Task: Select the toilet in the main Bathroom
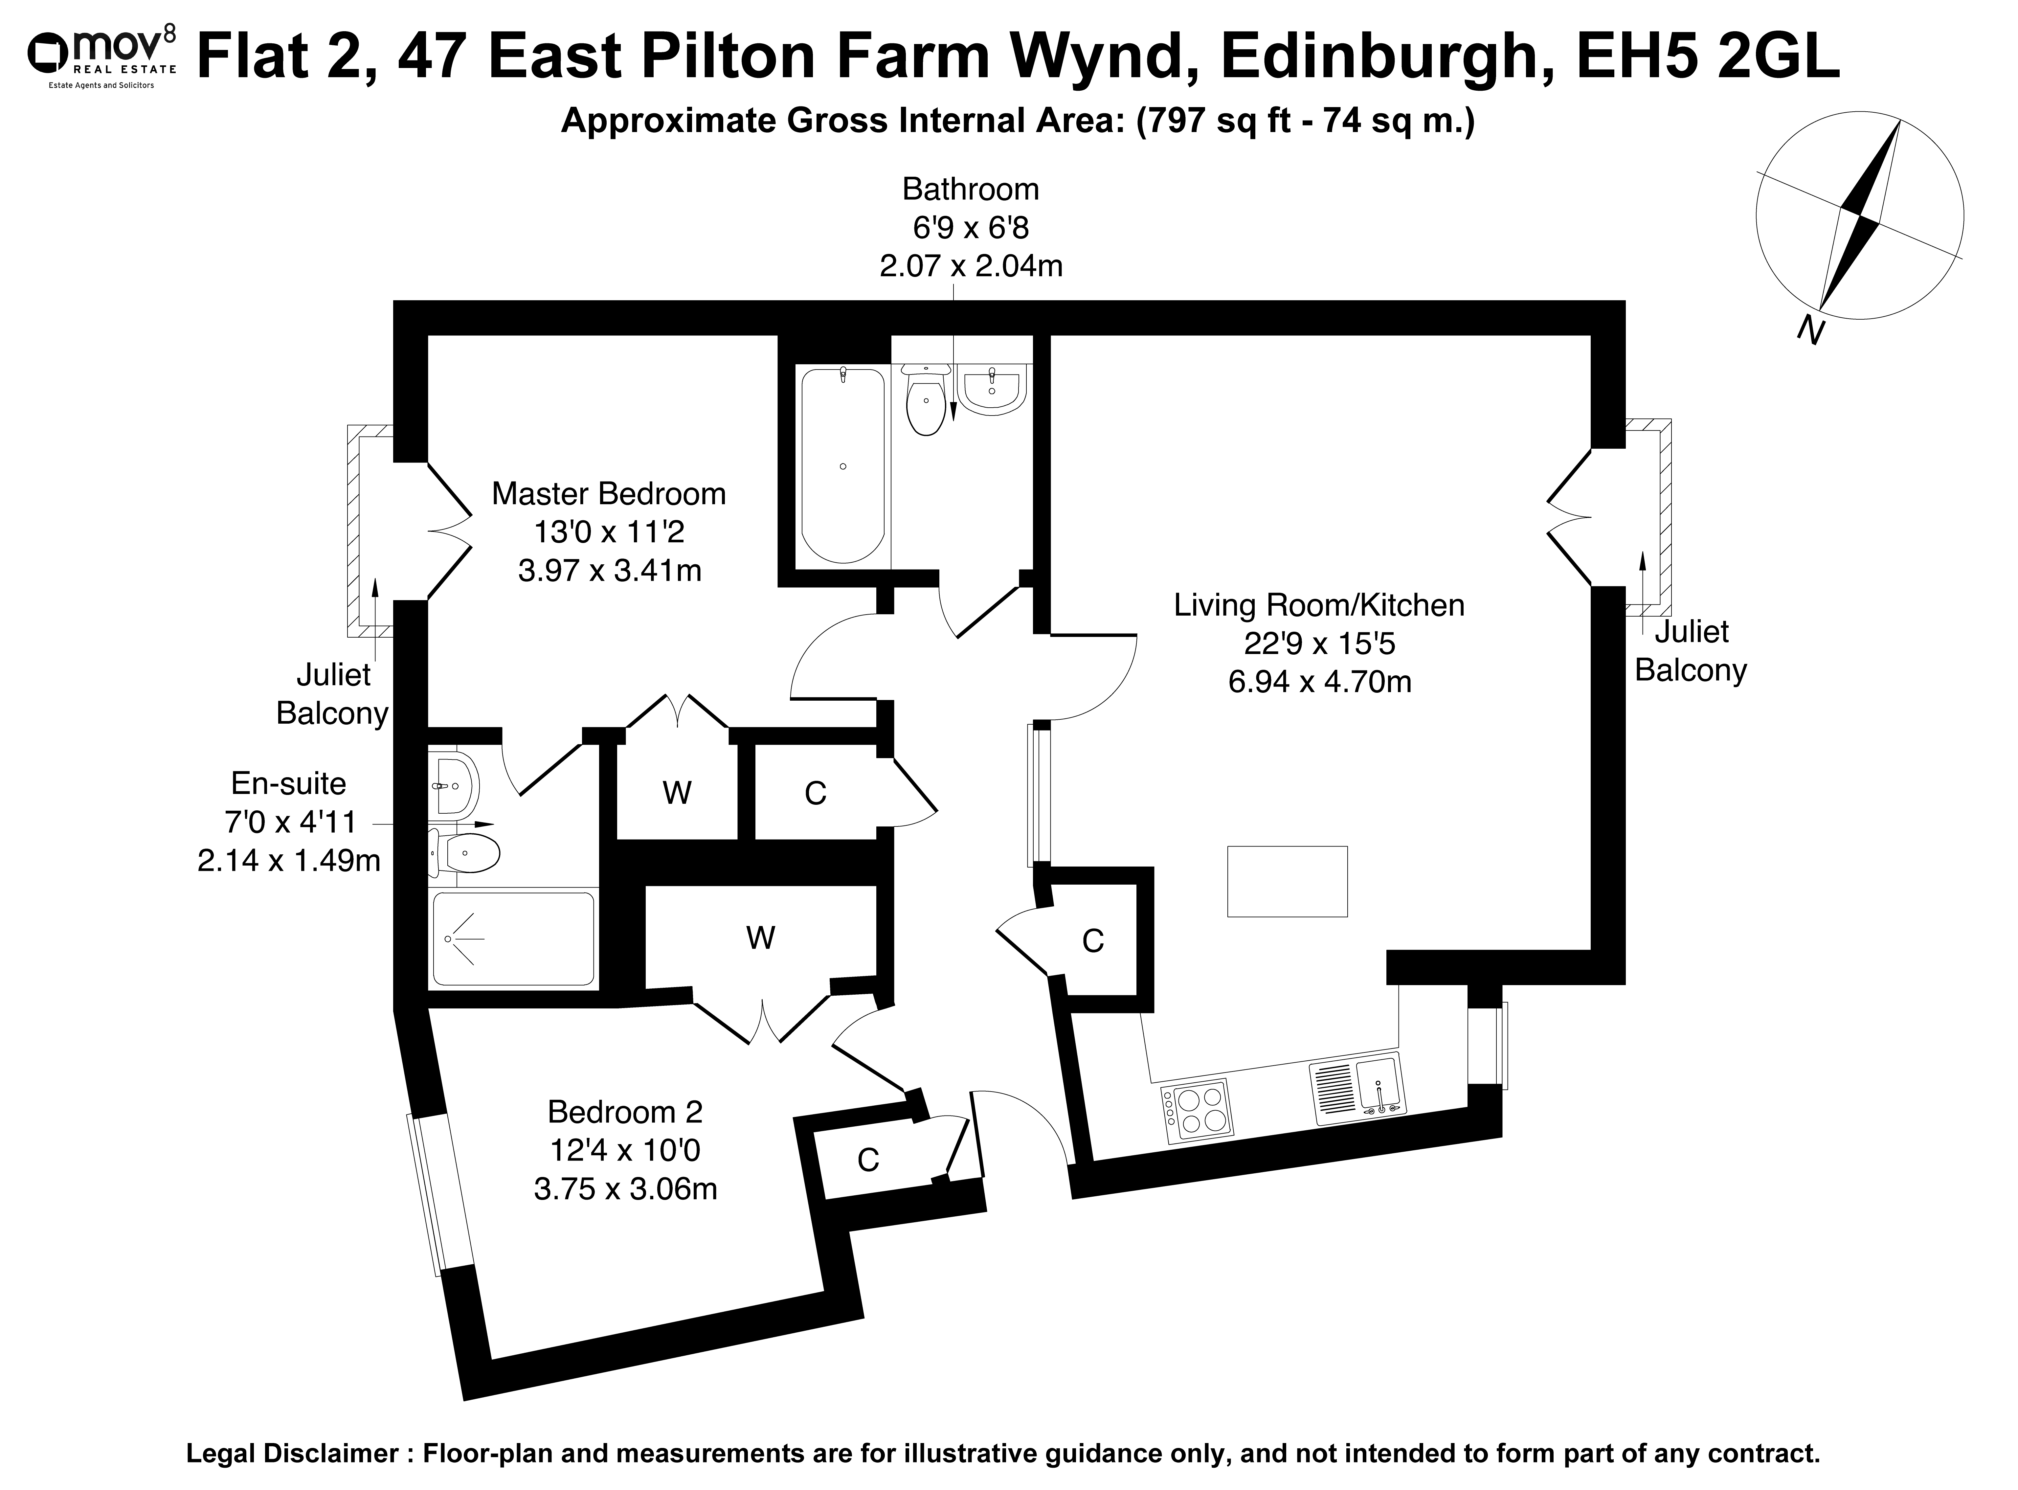click(x=925, y=399)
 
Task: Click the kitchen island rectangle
click(x=1287, y=881)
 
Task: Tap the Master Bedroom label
click(x=609, y=494)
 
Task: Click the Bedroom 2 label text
click(x=625, y=1112)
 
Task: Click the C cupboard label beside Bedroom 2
click(x=867, y=1160)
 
